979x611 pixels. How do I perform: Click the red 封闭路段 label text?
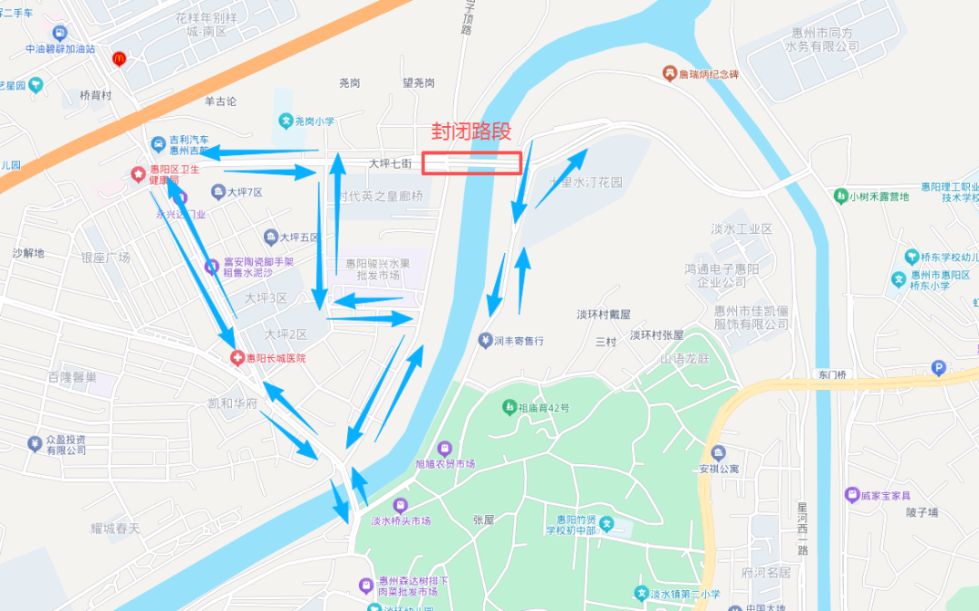(x=470, y=131)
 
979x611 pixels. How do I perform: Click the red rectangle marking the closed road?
(x=471, y=163)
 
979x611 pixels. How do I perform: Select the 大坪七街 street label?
(x=391, y=164)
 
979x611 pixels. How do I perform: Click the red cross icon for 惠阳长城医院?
(x=237, y=358)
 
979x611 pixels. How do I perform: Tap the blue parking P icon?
(x=939, y=368)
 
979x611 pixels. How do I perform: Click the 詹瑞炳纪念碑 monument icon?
(x=669, y=73)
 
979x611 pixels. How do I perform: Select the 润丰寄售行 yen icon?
(x=485, y=340)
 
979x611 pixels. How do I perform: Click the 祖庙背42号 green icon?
(x=509, y=407)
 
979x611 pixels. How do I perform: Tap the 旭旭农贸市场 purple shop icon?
(x=444, y=449)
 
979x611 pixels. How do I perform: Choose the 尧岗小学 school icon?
(x=285, y=121)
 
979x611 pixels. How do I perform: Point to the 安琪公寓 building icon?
(x=719, y=452)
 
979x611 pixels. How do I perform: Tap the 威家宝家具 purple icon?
(x=851, y=495)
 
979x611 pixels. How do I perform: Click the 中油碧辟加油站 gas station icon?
(x=61, y=33)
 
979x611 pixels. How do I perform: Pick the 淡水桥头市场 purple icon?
(x=400, y=505)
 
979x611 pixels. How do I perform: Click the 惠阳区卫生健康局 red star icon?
(x=138, y=173)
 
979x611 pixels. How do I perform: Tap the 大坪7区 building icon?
(x=218, y=191)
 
